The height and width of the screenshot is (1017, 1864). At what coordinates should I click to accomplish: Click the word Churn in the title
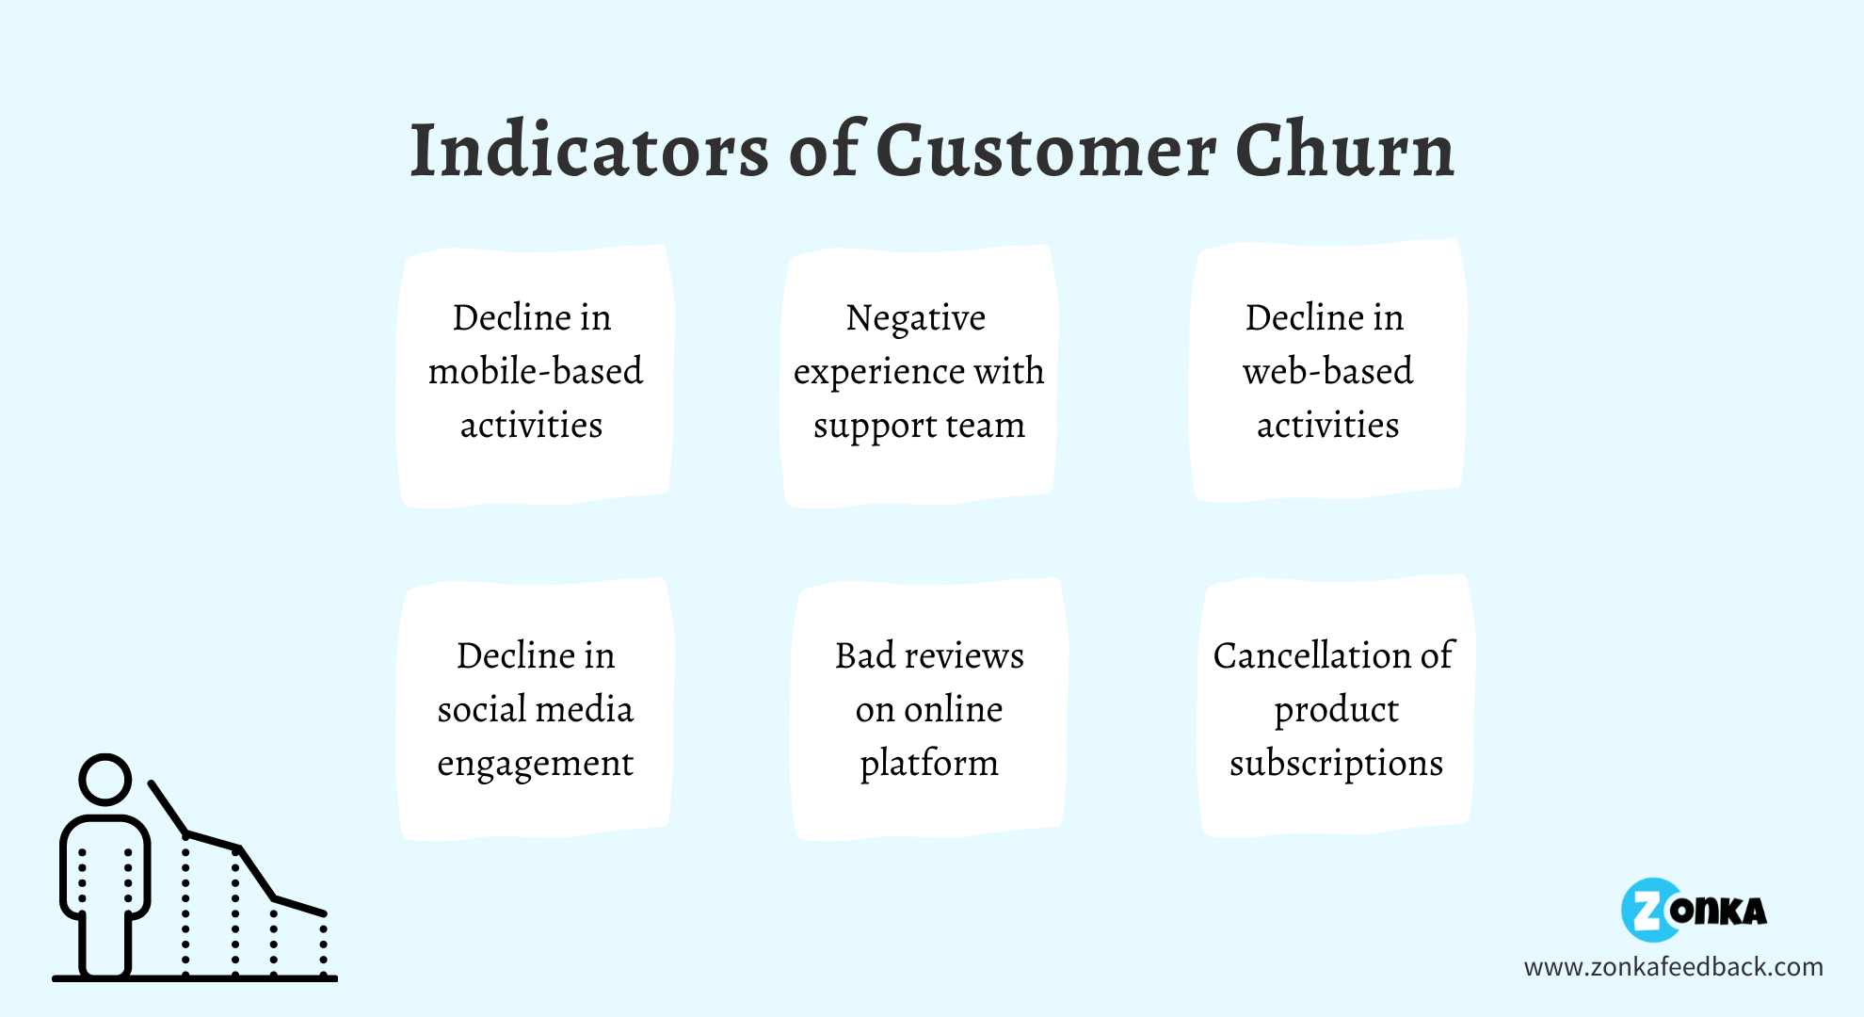tap(1345, 150)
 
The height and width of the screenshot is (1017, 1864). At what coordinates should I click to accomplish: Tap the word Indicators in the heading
tap(589, 150)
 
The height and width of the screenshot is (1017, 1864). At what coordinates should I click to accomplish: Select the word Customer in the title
tap(1047, 150)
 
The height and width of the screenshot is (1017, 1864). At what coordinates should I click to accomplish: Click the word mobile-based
tap(536, 371)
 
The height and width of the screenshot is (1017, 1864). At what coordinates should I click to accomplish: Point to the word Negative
tap(916, 318)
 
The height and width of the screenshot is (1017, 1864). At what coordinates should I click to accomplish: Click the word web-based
tap(1327, 371)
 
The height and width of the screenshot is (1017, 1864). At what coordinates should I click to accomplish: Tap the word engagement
tap(536, 764)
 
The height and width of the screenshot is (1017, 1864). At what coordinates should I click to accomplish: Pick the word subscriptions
tap(1336, 764)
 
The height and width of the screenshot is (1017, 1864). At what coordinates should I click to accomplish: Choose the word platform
tap(929, 764)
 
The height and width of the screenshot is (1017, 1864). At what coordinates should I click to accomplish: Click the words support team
tap(919, 427)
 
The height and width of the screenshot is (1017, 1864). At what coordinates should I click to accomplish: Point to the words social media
tap(536, 709)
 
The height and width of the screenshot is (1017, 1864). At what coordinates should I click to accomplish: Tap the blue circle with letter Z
tap(1650, 911)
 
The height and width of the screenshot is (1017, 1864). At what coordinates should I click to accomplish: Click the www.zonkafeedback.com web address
tap(1673, 967)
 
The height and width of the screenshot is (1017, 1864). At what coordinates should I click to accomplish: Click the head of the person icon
tap(104, 779)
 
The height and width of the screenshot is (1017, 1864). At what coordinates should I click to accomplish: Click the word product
tap(1336, 710)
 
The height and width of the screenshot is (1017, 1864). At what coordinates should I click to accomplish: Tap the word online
tap(953, 709)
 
